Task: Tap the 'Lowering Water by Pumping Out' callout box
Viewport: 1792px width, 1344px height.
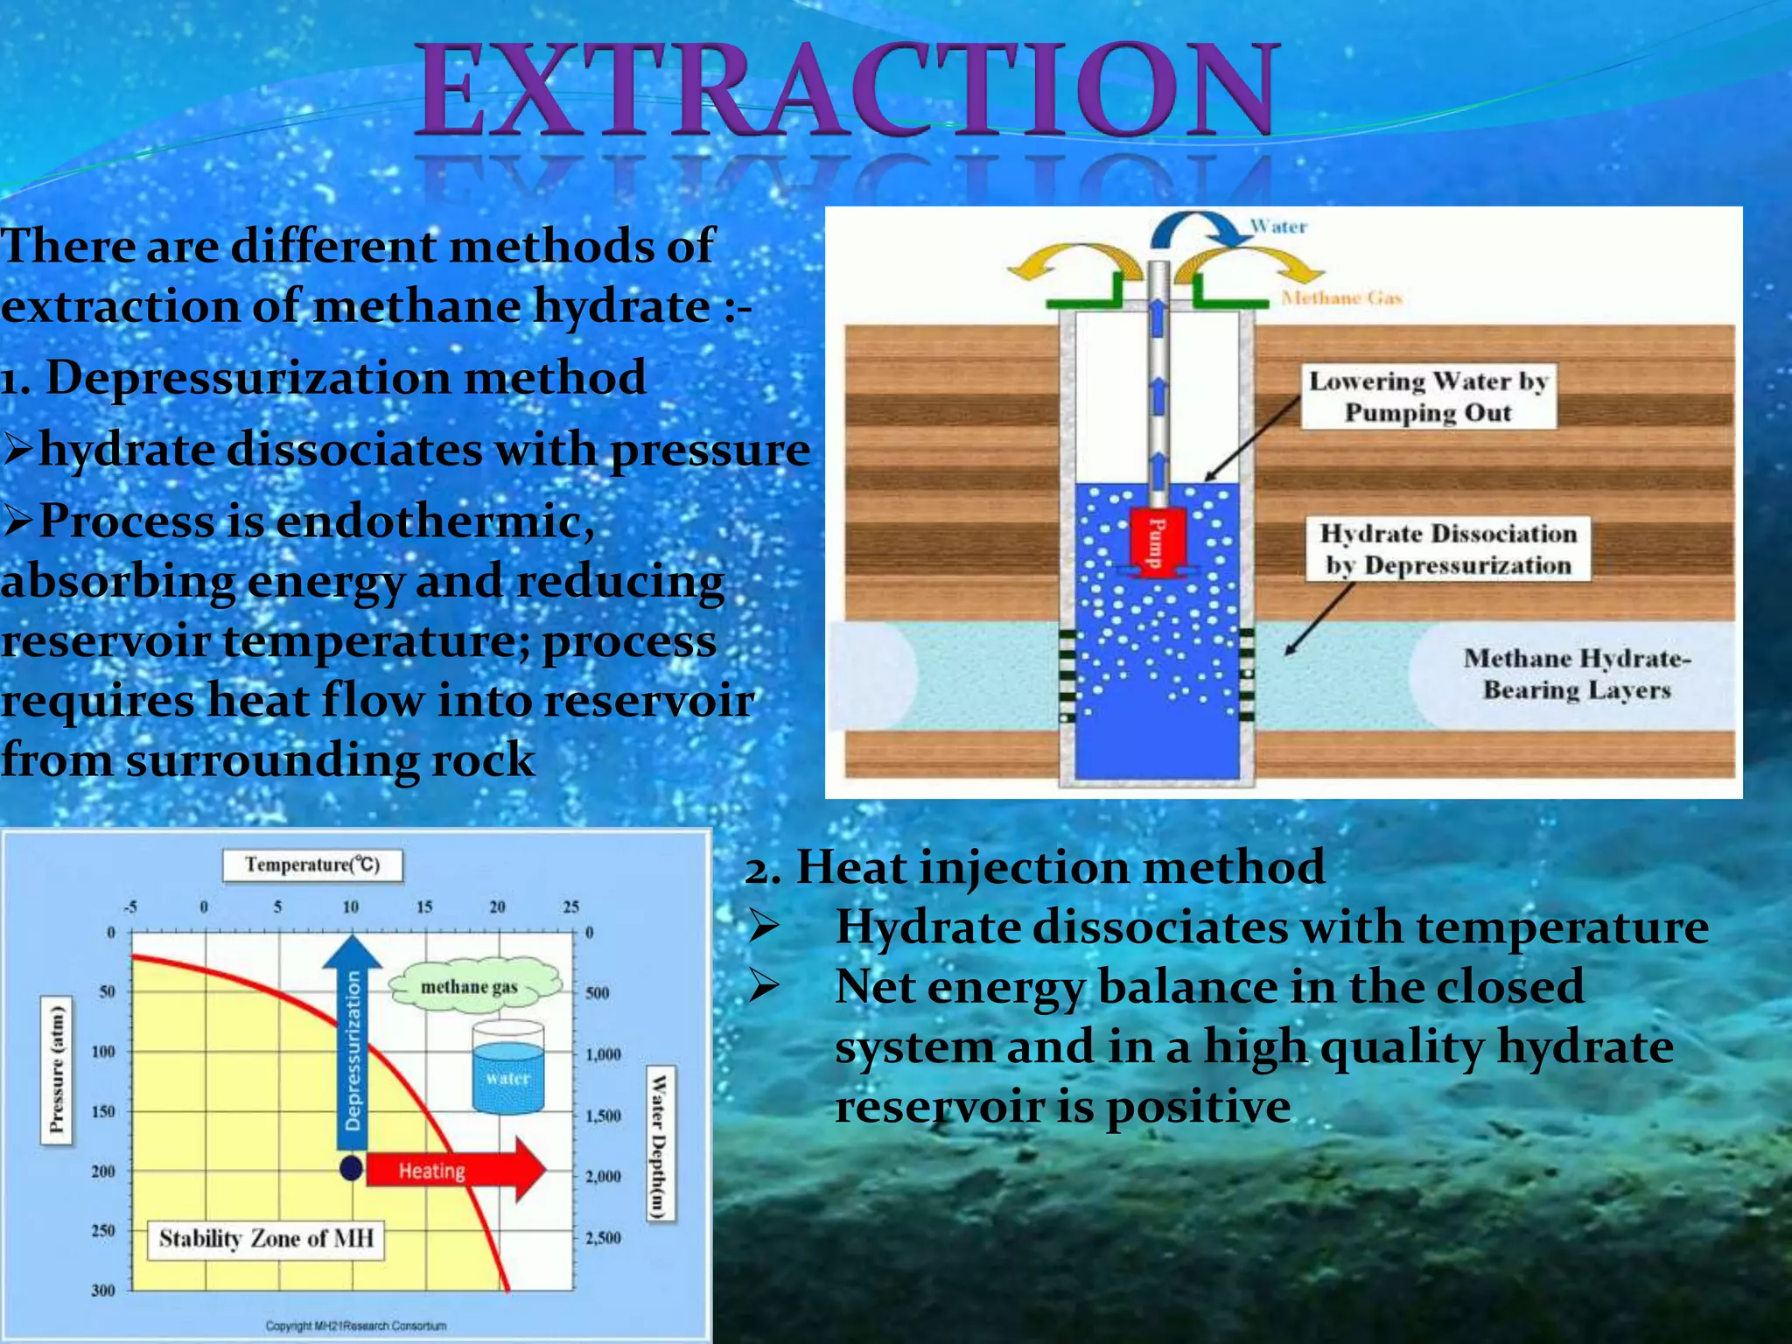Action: click(x=1428, y=396)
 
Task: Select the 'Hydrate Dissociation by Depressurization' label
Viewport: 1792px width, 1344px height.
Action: click(x=1447, y=549)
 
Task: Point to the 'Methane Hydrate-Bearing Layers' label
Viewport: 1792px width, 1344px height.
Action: click(x=1576, y=674)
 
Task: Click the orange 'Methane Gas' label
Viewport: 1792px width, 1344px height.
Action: click(x=1341, y=298)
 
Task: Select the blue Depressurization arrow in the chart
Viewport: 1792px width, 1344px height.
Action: click(x=352, y=1041)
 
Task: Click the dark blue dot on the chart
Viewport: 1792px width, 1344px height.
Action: click(x=351, y=1168)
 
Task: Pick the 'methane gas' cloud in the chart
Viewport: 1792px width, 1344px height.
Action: click(x=472, y=986)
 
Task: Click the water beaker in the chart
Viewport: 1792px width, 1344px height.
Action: click(x=507, y=1067)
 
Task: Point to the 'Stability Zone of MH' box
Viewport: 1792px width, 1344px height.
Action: click(x=265, y=1239)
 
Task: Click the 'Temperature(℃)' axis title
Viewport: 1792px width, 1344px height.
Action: click(x=312, y=864)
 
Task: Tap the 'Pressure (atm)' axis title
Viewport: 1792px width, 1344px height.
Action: click(x=57, y=1069)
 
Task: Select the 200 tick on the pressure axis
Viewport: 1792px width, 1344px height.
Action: click(x=103, y=1171)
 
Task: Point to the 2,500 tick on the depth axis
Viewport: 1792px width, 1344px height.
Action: click(x=603, y=1237)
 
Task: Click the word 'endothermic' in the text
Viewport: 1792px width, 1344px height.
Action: click(x=435, y=521)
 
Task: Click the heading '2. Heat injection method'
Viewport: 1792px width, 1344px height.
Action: click(x=1034, y=867)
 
